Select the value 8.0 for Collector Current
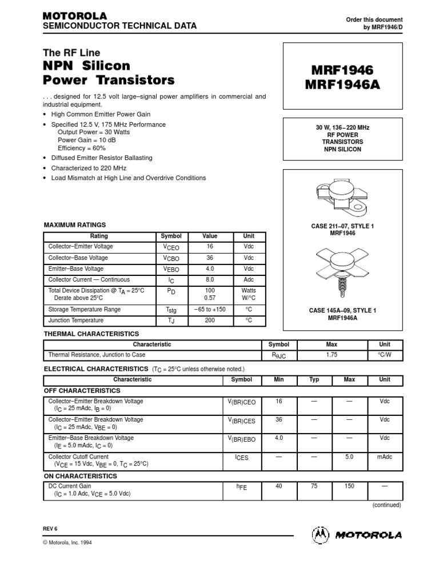click(210, 280)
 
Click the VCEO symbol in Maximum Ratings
click(171, 247)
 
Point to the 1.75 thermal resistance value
click(332, 355)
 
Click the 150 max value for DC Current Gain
click(349, 486)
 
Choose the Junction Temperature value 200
click(210, 320)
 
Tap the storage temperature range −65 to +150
click(210, 310)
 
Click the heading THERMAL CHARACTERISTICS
click(91, 334)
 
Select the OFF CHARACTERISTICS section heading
click(82, 391)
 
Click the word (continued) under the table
click(386, 505)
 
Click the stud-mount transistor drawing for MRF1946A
click(342, 269)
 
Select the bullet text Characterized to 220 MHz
click(89, 168)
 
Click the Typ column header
click(314, 379)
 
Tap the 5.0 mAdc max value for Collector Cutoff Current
click(349, 457)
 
